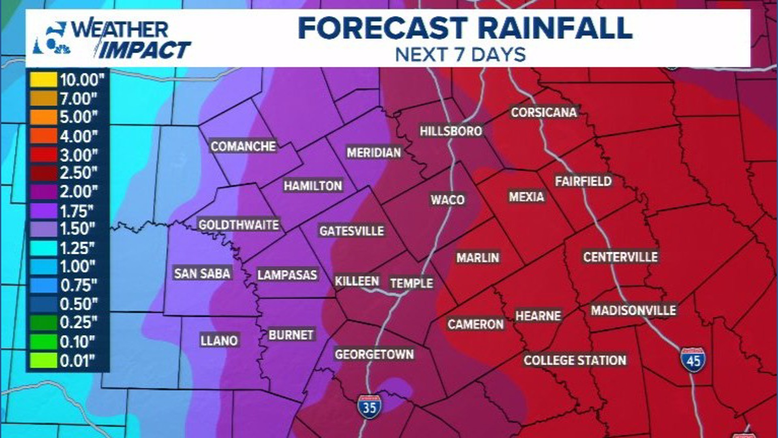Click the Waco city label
[447, 200]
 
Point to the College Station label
[575, 360]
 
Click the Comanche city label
[243, 146]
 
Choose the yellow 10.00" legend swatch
[43, 79]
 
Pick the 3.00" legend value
[79, 155]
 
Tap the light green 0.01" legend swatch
[43, 360]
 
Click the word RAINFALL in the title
[555, 28]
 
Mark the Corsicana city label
[543, 112]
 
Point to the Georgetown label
[374, 354]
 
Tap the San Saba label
[202, 273]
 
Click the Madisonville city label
[633, 311]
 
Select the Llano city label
[219, 340]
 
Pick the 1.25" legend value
[77, 248]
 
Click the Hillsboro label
[451, 131]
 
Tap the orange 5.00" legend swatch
[43, 117]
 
